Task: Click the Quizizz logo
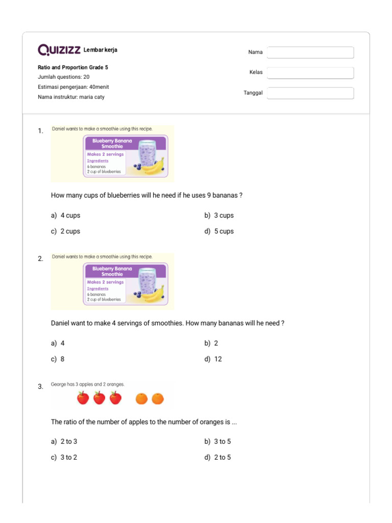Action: (59, 50)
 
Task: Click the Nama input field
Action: (310, 53)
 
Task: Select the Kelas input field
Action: (310, 73)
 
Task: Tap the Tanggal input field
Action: (310, 93)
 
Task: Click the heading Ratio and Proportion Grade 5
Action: (73, 67)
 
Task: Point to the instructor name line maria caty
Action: (71, 97)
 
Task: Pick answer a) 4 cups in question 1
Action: (66, 216)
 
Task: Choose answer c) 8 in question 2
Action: (58, 359)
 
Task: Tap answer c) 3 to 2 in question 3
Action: (64, 457)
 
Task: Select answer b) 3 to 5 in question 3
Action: (218, 441)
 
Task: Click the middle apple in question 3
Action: (99, 398)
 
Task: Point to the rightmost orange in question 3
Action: (158, 398)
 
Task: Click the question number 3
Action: (40, 387)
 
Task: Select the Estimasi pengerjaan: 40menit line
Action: (73, 87)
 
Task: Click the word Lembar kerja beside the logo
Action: (100, 50)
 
